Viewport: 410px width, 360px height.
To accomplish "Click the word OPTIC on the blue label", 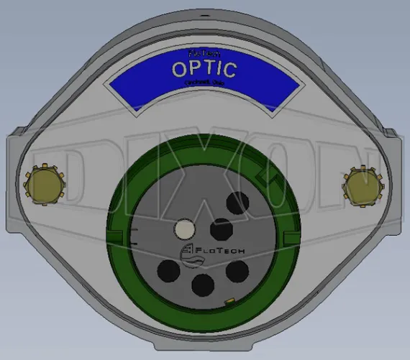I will point(204,69).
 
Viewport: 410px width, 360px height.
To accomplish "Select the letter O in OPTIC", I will point(180,69).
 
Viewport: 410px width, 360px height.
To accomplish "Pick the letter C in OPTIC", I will point(227,69).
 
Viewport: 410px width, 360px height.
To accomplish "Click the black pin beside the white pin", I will point(220,230).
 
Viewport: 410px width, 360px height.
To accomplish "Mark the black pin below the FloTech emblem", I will point(168,272).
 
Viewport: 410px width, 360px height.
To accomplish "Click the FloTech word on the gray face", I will point(217,251).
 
